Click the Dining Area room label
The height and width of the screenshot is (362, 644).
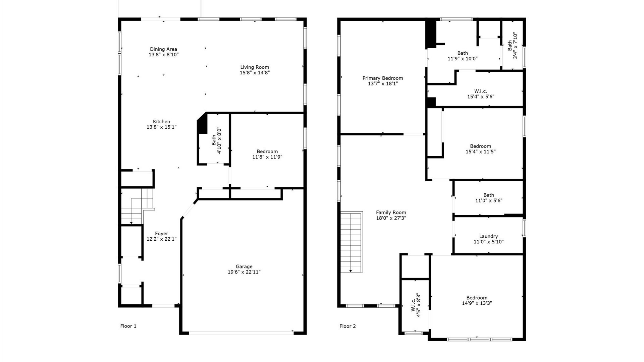tap(163, 49)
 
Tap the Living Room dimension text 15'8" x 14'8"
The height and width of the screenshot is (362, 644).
tap(255, 73)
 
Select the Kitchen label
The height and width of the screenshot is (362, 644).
tap(161, 122)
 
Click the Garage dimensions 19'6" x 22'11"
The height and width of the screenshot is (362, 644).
tap(244, 272)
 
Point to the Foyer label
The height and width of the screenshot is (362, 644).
tap(161, 234)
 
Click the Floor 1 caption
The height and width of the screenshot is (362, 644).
tap(128, 326)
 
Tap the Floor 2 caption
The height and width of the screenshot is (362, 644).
tap(347, 326)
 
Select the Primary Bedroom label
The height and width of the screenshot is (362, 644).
tap(383, 78)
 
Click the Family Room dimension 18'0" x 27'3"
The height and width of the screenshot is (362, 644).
tap(391, 218)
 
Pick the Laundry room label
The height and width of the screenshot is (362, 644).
tap(488, 236)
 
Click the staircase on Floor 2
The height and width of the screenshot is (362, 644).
tap(352, 241)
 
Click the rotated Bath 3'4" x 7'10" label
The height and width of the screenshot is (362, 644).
tap(513, 46)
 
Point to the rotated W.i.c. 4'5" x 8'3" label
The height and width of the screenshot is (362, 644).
tap(416, 305)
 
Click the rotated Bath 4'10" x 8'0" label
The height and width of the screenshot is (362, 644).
tap(216, 140)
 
